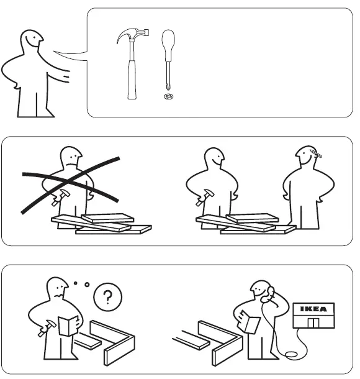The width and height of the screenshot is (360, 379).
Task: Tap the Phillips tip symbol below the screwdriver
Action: click(x=166, y=96)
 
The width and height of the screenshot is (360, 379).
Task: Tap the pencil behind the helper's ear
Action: click(x=311, y=153)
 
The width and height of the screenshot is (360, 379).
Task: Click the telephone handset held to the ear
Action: click(x=269, y=299)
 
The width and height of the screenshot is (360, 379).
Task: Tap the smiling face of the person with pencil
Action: click(x=306, y=159)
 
